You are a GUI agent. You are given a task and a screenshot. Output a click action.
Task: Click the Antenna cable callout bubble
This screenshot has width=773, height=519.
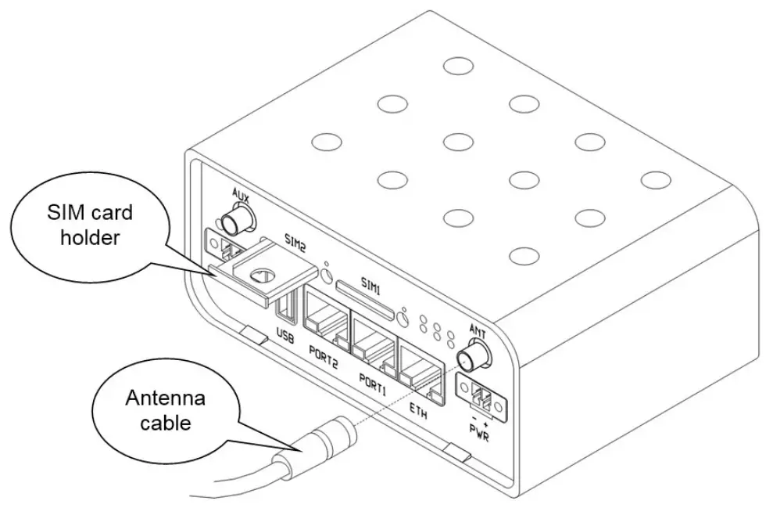pyautogui.click(x=164, y=411)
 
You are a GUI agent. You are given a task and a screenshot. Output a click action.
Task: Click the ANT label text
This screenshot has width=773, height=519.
pyautogui.click(x=477, y=331)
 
